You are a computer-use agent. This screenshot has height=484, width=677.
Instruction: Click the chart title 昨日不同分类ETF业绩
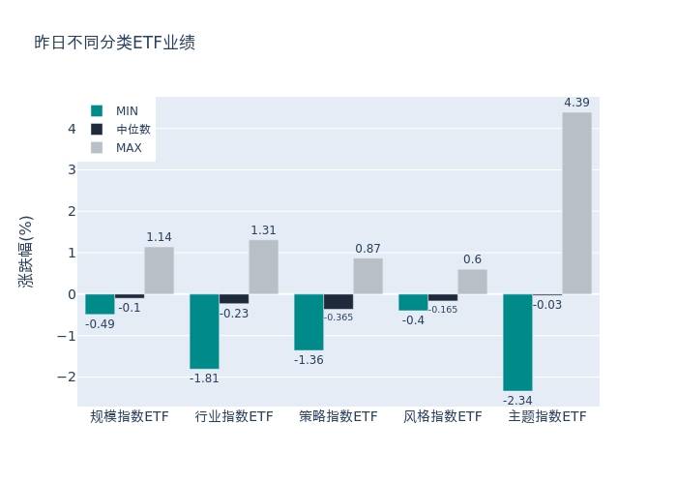[114, 43]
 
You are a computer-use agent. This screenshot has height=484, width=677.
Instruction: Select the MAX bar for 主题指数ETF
[576, 203]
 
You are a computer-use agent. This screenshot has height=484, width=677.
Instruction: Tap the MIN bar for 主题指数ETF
[517, 342]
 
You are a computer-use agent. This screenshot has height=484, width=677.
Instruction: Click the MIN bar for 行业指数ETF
[204, 331]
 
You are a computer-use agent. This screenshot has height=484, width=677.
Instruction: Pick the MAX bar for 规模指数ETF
[160, 270]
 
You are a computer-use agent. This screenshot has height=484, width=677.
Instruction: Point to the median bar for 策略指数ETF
[338, 301]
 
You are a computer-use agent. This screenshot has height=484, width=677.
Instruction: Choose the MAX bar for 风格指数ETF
[472, 282]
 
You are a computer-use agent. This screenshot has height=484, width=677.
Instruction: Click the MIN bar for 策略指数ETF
[309, 321]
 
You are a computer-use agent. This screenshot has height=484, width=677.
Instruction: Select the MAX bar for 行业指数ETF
[263, 266]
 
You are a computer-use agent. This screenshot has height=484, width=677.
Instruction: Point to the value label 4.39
[576, 103]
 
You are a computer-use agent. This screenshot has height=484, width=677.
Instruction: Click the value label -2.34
[517, 400]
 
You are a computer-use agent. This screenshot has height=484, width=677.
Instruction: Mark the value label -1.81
[204, 378]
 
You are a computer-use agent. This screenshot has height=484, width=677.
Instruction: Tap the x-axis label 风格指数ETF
[443, 417]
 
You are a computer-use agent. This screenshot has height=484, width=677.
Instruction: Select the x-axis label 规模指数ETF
[130, 417]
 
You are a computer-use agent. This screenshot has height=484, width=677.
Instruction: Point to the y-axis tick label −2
[68, 377]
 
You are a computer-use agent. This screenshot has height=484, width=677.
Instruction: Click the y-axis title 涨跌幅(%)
[26, 252]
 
